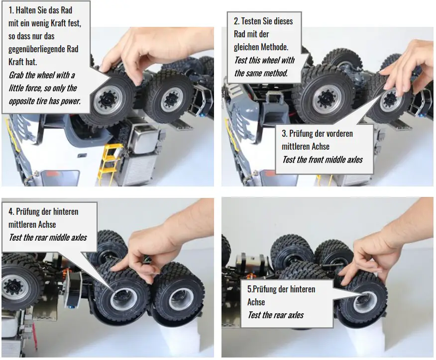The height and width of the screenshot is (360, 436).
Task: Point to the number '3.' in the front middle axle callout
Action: click(x=284, y=133)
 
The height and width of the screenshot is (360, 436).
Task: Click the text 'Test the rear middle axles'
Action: click(x=48, y=238)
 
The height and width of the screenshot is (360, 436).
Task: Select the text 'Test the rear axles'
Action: click(x=276, y=315)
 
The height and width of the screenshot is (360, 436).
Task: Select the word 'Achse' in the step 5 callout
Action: click(x=256, y=302)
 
